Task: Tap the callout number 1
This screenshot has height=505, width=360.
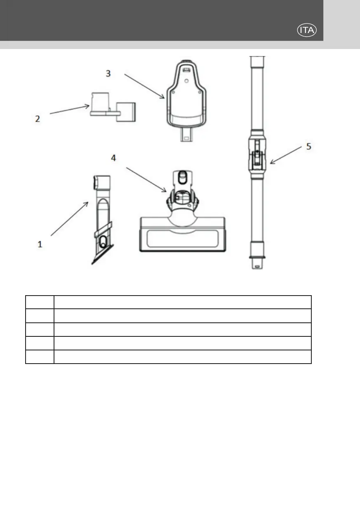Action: [40, 244]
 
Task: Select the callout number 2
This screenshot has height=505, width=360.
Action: [38, 119]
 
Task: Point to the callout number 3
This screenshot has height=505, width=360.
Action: [108, 73]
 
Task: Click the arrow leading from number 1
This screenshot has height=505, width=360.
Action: [70, 218]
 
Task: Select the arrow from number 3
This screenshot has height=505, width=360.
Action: [144, 86]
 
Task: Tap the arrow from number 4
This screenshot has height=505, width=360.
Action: [146, 180]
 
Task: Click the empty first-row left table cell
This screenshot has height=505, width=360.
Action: [40, 302]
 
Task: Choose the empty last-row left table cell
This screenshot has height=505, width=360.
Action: [40, 357]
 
